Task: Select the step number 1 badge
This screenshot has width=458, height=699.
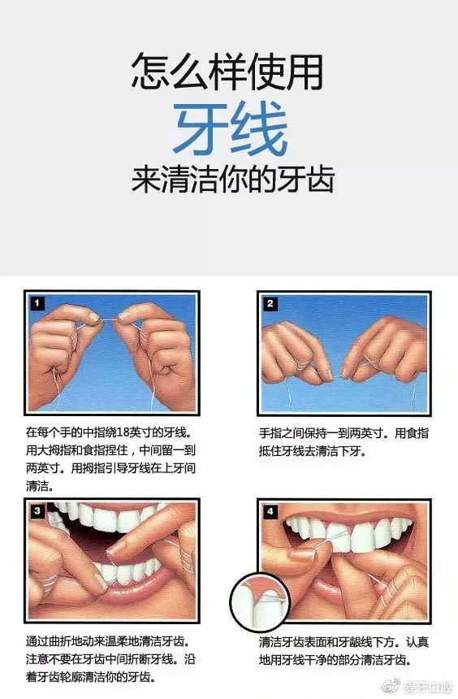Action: [x=38, y=303]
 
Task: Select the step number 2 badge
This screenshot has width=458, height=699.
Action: [x=271, y=303]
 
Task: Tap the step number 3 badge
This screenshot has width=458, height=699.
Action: [x=38, y=511]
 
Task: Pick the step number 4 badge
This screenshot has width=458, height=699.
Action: [x=271, y=511]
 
